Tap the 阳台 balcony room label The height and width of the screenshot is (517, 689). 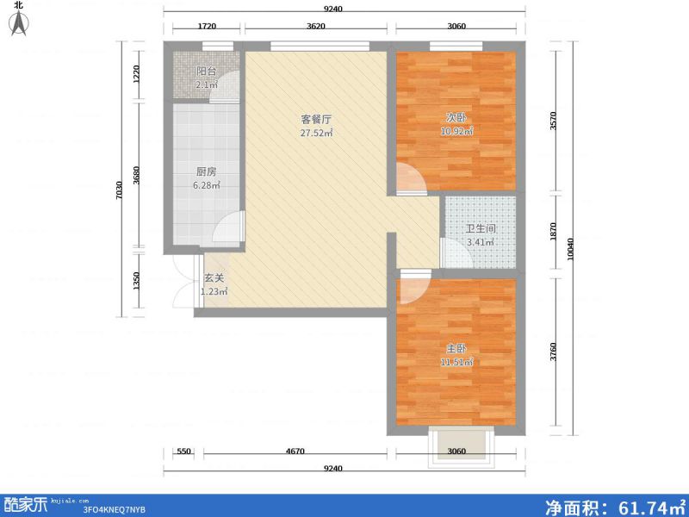(x=206, y=72)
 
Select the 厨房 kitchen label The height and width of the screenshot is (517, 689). (x=206, y=171)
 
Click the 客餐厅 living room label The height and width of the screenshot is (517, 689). (x=293, y=120)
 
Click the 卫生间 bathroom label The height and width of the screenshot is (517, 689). (x=481, y=229)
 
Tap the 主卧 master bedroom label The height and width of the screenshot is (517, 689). (x=456, y=348)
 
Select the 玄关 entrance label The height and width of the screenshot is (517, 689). (x=214, y=278)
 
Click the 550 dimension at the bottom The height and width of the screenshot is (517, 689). (x=183, y=451)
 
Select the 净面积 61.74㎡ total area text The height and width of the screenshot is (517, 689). (x=615, y=505)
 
